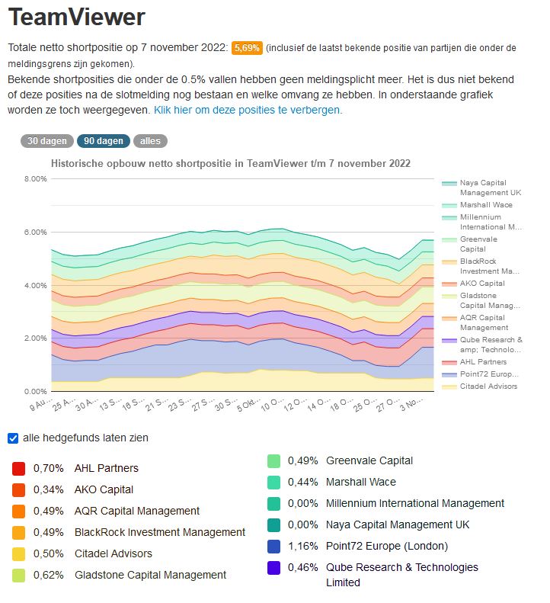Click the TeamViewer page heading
tap(76, 17)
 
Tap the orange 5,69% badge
tap(247, 48)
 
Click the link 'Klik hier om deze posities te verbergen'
tap(248, 110)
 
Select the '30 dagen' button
tap(47, 141)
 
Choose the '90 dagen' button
tap(103, 141)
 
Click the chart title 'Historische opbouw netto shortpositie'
tap(230, 163)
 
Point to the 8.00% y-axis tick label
tap(35, 179)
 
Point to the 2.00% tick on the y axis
tap(35, 338)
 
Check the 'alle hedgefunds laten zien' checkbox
tap(13, 438)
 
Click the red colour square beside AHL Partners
tap(19, 468)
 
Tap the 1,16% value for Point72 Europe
tap(302, 546)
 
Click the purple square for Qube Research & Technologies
tap(273, 568)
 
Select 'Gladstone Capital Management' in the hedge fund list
tap(150, 575)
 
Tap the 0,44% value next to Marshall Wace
tap(303, 482)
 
